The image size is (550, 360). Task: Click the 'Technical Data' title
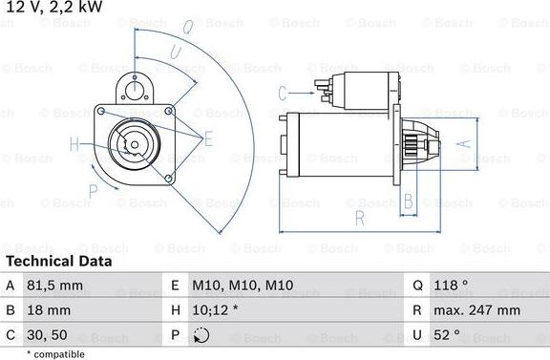point(58,261)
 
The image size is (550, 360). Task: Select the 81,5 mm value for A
point(59,285)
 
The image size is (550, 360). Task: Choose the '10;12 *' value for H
point(215,309)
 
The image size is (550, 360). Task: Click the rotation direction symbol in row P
point(200,335)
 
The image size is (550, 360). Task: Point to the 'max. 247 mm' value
point(478,309)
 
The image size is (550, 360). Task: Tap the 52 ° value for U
point(447,334)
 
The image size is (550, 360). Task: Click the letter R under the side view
point(359,218)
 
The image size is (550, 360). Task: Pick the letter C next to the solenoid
point(283,93)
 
